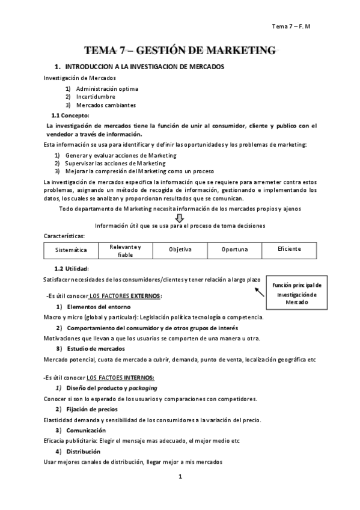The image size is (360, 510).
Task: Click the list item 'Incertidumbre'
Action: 96,96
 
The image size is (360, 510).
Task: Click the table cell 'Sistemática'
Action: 71,250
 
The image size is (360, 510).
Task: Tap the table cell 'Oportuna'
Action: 234,249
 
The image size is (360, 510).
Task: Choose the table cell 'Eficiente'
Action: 289,249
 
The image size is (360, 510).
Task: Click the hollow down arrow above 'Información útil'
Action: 178,217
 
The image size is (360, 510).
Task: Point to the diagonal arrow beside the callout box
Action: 259,292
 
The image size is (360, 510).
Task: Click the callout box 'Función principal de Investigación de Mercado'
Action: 296,293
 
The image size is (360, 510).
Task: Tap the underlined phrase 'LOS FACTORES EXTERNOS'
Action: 124,296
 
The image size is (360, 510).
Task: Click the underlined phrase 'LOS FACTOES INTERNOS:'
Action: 121,377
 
